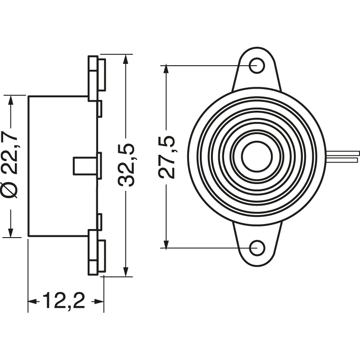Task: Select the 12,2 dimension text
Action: tap(64, 301)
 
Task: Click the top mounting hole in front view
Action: tap(257, 65)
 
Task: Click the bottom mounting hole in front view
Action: tap(257, 247)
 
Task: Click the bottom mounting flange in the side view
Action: tap(96, 252)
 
